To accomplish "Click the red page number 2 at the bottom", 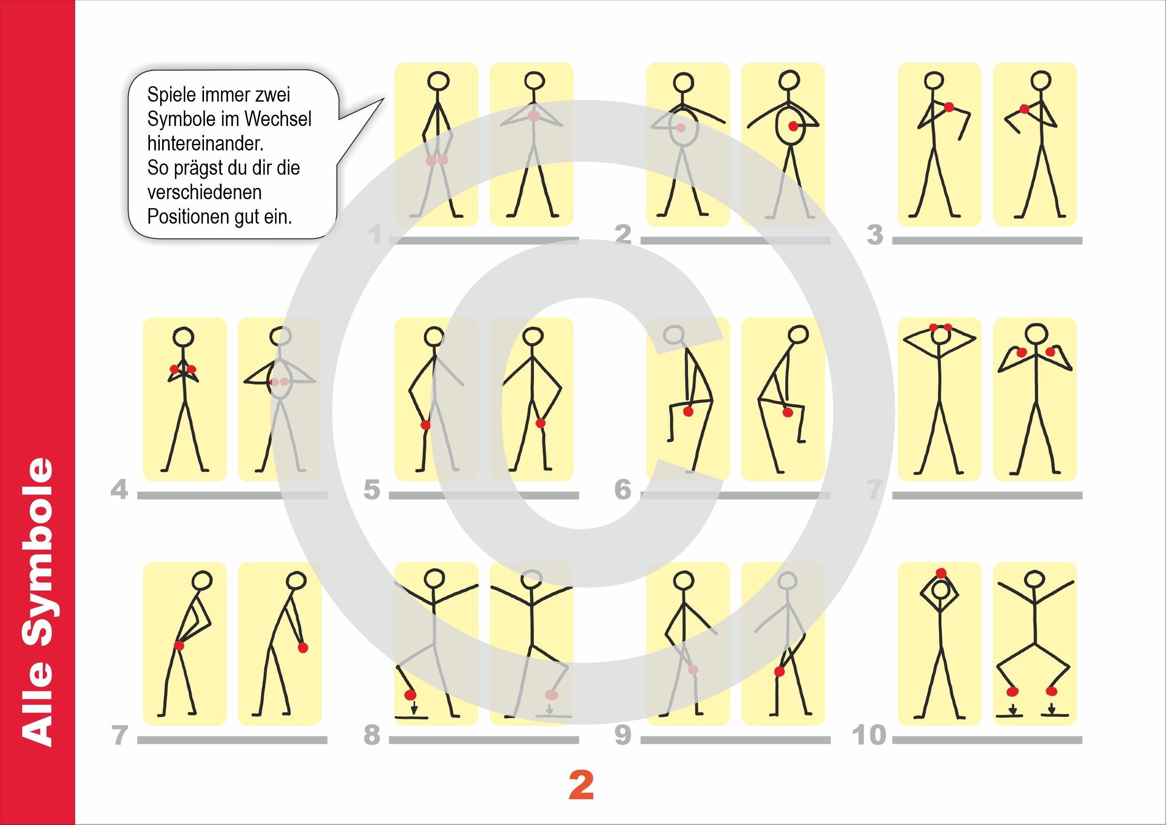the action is (581, 786).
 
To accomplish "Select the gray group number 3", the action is (875, 235).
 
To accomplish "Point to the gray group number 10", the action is (869, 735).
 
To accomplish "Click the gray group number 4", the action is (119, 490).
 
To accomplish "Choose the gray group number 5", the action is (372, 490).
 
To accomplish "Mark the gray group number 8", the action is (372, 735).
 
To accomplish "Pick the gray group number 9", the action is (623, 735).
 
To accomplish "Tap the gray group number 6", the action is (623, 490).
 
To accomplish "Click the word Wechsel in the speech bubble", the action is (278, 119).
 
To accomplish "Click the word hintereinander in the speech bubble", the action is (206, 143).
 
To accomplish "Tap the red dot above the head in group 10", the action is (941, 574).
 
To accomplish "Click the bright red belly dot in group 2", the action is (793, 126).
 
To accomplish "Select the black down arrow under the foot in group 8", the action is (414, 707).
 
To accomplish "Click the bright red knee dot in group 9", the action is (779, 672).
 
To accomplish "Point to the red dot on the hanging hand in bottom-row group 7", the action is (303, 647).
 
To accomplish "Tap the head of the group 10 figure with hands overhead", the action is (941, 591).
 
